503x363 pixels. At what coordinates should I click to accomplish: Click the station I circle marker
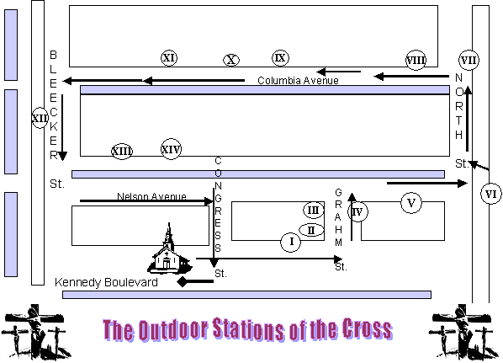pos(291,242)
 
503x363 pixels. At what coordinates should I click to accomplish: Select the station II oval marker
pos(311,230)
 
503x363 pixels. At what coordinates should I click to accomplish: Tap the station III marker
pos(314,210)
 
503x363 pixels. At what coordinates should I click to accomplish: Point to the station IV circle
pos(357,211)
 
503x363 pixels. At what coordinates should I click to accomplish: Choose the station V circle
pos(411,203)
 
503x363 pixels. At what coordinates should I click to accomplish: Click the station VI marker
pos(491,194)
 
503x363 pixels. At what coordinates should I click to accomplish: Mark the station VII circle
pos(469,60)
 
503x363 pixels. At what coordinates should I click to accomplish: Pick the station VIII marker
pos(416,60)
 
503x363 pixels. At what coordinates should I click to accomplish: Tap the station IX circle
pos(280,58)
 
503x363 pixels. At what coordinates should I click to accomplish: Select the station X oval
pos(231,60)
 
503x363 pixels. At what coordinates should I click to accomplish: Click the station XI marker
pos(169,58)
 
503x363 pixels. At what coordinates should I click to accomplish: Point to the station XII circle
pos(40,118)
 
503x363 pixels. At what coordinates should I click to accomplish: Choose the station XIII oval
pos(122,151)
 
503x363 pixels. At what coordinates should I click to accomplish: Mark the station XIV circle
pos(171,149)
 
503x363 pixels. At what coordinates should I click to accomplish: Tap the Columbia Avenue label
pos(298,80)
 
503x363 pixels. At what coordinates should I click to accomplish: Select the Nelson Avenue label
pos(151,196)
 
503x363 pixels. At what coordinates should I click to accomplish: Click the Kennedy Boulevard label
pos(106,282)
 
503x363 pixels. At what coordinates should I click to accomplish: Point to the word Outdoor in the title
pos(173,329)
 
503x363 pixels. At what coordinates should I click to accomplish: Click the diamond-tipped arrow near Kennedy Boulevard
pos(195,282)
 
